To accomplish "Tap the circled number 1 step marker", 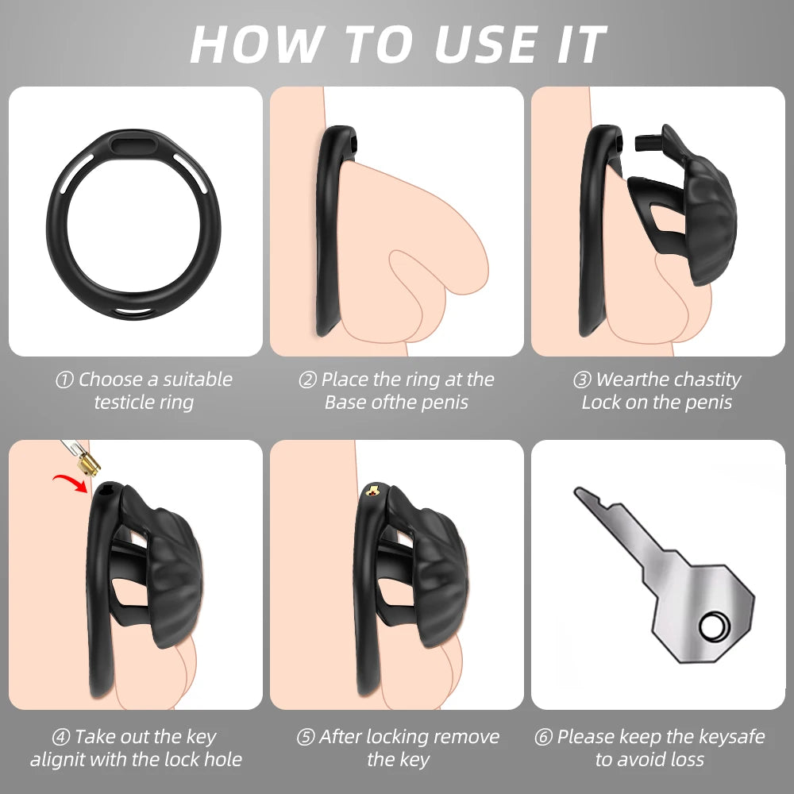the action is [64, 380].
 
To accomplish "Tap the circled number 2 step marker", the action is [307, 380].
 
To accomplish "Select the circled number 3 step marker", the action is [582, 380].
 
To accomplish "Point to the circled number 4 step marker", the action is [61, 737].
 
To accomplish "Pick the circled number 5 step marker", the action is [306, 737].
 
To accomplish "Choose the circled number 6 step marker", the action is [543, 737].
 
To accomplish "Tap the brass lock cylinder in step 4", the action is [89, 465].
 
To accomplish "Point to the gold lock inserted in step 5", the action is [372, 490].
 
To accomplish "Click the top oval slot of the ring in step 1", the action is [133, 146].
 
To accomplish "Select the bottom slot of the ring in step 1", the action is [132, 312].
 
